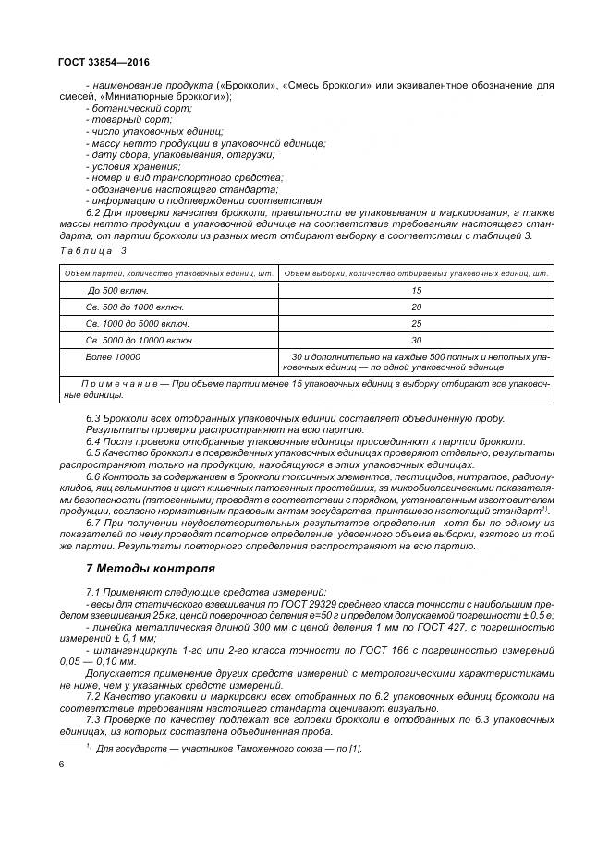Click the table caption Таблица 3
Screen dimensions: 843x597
pos(91,250)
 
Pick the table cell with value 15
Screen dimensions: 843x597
pos(416,290)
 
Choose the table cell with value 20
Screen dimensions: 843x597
pos(416,307)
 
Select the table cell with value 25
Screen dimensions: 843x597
pos(416,323)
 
